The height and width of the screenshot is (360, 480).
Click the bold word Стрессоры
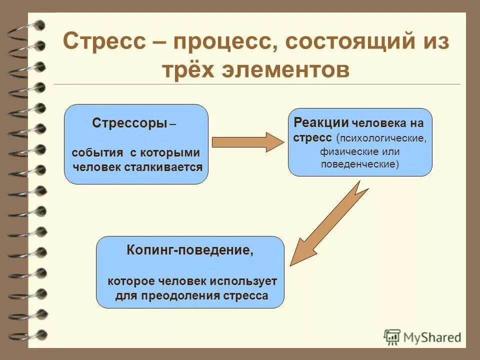coord(129,123)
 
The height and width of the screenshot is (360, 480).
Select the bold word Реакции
coord(321,122)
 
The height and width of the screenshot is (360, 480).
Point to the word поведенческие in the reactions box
coord(358,164)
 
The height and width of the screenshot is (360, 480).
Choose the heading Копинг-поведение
coord(189,250)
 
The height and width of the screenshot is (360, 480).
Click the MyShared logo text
coord(432,337)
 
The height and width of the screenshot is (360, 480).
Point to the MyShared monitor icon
coord(392,336)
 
